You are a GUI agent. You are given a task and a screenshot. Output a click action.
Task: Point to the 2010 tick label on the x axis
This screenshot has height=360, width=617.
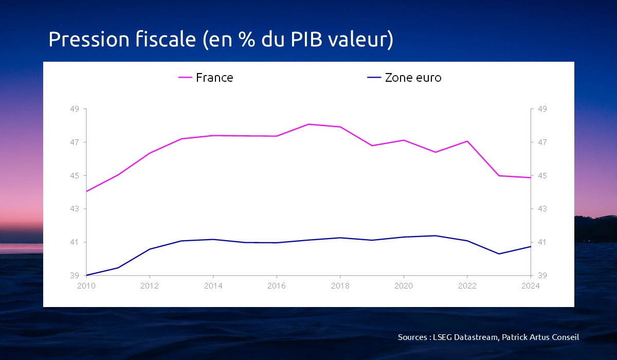[x=87, y=286]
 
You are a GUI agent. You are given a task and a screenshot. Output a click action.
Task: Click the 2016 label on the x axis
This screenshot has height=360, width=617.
[x=277, y=286]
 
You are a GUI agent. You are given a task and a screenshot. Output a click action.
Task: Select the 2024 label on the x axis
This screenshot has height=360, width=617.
[x=530, y=286]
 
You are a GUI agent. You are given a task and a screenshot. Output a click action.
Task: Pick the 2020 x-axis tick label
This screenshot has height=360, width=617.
[x=404, y=286]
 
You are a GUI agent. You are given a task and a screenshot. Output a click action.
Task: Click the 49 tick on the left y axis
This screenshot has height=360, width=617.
[x=75, y=109]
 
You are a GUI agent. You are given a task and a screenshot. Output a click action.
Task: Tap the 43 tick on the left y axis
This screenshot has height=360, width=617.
[x=75, y=209]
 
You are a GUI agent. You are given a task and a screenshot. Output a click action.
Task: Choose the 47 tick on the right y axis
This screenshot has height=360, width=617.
[x=542, y=142]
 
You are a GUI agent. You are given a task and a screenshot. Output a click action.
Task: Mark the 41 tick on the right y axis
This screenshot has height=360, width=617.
[x=542, y=242]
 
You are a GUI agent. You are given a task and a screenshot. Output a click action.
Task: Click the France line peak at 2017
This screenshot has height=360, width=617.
[x=308, y=124]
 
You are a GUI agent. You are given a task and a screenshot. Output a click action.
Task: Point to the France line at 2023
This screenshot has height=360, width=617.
[x=499, y=175]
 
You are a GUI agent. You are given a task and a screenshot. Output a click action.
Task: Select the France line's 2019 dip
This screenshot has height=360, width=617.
[x=372, y=146]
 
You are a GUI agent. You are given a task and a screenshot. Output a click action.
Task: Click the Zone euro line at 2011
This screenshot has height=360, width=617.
[x=118, y=267]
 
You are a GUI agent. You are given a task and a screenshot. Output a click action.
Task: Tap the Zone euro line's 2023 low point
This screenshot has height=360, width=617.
[x=499, y=254]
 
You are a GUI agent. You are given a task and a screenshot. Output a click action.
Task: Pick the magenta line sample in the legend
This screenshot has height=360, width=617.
[x=185, y=78]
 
